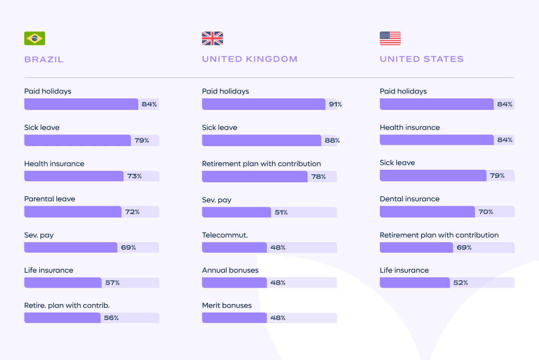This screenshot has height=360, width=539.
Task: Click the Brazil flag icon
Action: coord(34,38)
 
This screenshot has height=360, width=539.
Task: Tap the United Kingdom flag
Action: coord(212,38)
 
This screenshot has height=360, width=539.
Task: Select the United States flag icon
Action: coord(390,38)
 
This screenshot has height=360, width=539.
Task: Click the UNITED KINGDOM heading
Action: coord(250,59)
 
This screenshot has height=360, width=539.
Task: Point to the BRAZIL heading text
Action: coord(44,59)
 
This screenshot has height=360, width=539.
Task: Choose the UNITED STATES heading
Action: coord(422,59)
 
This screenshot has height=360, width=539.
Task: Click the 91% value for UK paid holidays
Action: coord(335,104)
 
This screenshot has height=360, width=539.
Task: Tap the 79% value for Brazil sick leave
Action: coord(142,140)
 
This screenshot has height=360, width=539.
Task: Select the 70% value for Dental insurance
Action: coord(486,212)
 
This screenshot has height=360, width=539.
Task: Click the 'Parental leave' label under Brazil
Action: coord(49,199)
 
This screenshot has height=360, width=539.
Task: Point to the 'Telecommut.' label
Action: coord(225,235)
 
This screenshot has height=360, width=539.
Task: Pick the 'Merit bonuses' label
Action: coord(227,305)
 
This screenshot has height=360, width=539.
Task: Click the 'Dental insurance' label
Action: coord(410,199)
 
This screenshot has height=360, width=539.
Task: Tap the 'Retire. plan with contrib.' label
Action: coord(67,305)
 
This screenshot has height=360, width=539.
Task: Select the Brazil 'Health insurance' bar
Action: coord(74,176)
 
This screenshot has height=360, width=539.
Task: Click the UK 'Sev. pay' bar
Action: coord(237,212)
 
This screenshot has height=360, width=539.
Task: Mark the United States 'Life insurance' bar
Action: coord(415,283)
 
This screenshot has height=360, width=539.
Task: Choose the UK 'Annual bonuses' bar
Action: coord(235,283)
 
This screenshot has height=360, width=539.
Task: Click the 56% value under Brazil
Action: coord(111,318)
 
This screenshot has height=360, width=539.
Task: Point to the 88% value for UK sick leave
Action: coord(332,140)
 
